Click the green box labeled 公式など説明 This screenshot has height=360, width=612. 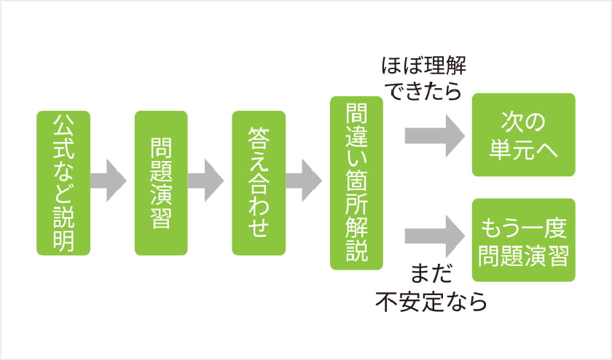pos(63,183)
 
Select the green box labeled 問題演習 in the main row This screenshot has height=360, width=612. pos(161,183)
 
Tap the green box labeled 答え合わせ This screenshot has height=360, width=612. pos(259,183)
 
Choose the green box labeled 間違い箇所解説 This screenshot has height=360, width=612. pos(356,183)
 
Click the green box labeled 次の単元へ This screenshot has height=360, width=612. pos(523,135)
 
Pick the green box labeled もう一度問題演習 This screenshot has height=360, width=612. pos(523,240)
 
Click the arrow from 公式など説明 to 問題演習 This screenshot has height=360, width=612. pos(109,181)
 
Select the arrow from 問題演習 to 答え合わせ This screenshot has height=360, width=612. pos(205,181)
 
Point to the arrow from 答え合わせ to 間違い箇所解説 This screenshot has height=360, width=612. pos(304,181)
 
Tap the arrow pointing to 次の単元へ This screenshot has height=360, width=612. pos(435,136)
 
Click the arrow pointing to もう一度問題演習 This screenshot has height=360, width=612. pos(435,236)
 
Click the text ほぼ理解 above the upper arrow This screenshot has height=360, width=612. pos(424,66)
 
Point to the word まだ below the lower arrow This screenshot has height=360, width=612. pos(431,273)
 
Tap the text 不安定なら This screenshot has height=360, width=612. pos(431,302)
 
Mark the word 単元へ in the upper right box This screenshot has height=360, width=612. pos(523,149)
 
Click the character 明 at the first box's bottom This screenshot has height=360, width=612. pos(63,241)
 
